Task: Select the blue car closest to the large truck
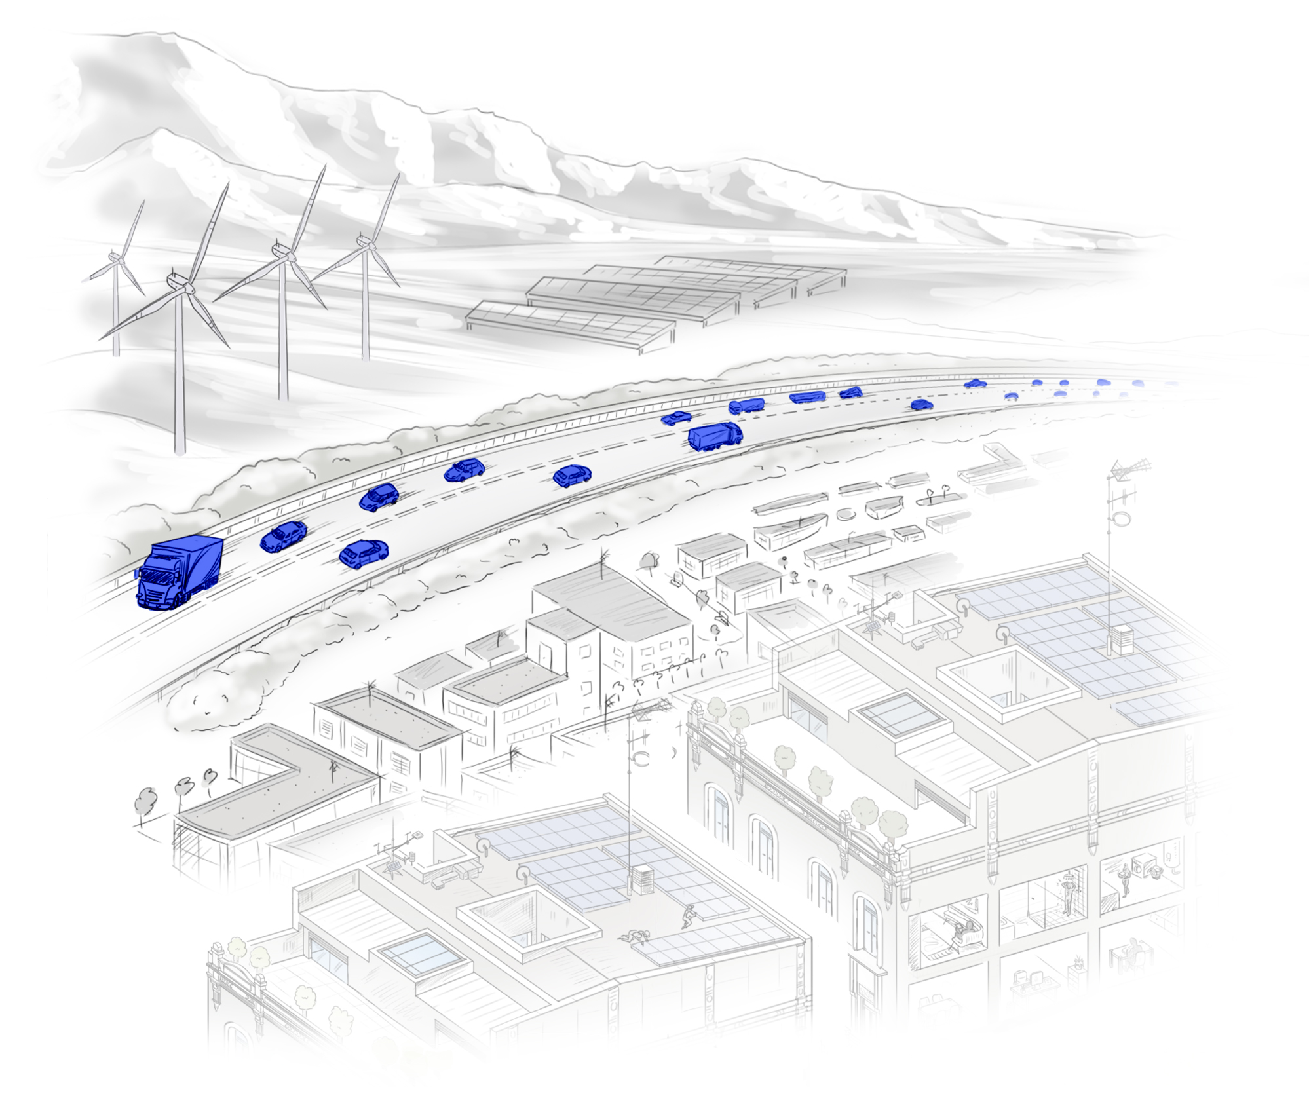click(x=283, y=537)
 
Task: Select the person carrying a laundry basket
click(x=1126, y=878)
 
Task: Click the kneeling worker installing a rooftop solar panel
click(x=688, y=915)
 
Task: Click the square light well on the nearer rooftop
click(x=528, y=917)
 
